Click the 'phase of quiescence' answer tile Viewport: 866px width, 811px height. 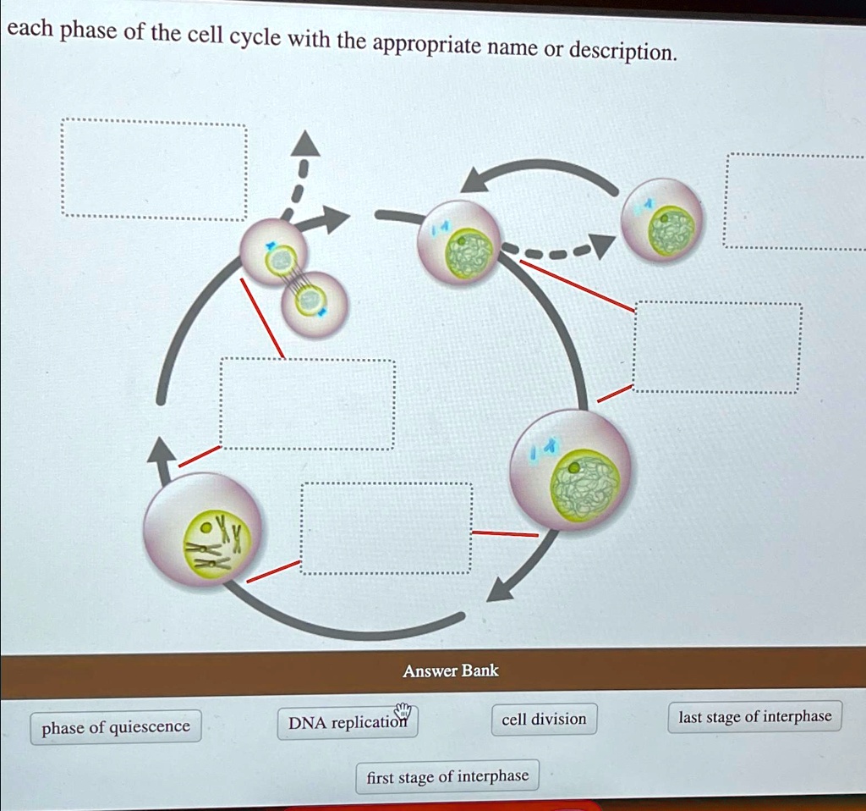(x=116, y=727)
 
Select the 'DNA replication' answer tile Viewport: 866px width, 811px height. (x=347, y=723)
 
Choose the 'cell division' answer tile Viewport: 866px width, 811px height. (x=544, y=720)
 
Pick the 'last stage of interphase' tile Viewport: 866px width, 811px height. (x=755, y=718)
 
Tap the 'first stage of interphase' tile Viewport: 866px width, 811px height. (x=447, y=776)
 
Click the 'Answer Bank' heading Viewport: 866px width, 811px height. (x=451, y=671)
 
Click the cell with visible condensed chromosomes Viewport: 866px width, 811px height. (x=204, y=529)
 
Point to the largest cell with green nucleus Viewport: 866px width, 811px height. (x=570, y=470)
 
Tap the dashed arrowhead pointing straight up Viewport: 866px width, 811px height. (x=305, y=146)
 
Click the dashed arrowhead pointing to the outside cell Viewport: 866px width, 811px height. (x=601, y=246)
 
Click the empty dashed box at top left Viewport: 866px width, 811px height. (x=154, y=171)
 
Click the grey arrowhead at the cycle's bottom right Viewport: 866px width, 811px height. (x=501, y=588)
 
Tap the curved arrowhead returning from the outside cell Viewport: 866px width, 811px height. (x=477, y=180)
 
